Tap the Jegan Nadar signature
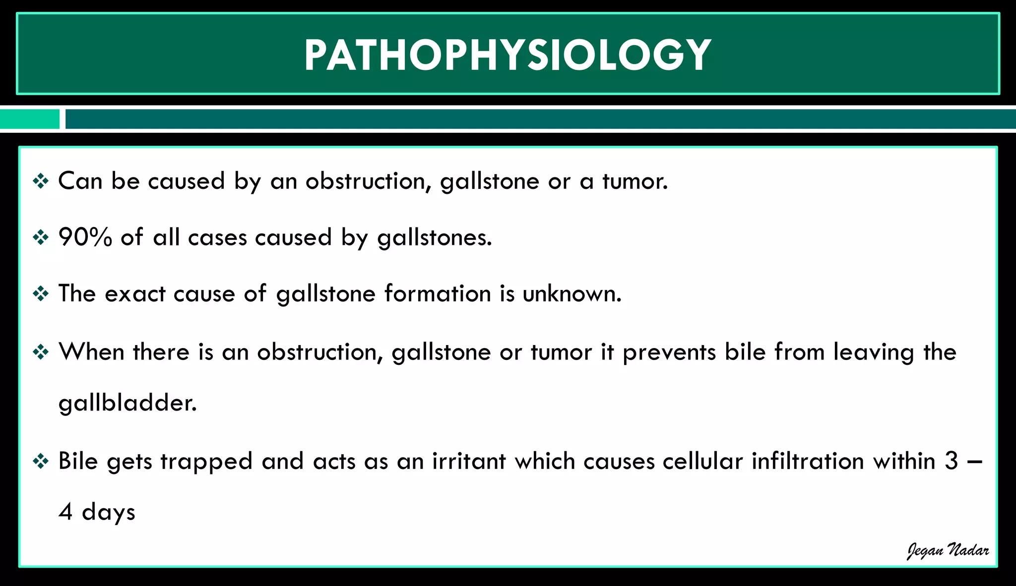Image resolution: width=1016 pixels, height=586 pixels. point(948,551)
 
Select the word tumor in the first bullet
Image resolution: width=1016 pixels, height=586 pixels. point(635,181)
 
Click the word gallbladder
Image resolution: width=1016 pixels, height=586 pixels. point(127,403)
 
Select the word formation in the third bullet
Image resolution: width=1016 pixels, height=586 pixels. point(438,293)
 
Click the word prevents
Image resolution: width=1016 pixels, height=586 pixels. point(669,352)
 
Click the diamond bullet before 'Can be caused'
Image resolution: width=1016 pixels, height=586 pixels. point(41,181)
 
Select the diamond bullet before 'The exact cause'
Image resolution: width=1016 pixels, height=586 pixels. point(41,293)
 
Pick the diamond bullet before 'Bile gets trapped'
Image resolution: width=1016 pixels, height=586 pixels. point(41,462)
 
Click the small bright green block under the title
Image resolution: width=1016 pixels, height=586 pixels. point(30,119)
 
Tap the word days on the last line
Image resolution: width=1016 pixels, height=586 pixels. point(108,512)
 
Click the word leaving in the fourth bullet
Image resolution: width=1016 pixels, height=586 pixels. point(873,352)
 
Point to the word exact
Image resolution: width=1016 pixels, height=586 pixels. point(135,293)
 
